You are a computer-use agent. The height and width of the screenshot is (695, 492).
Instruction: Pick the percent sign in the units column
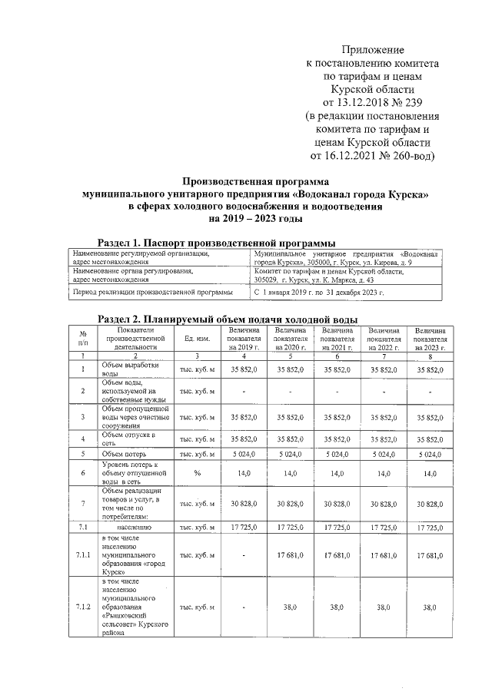(x=197, y=473)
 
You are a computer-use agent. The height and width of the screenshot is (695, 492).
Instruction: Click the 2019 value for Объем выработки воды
(x=244, y=369)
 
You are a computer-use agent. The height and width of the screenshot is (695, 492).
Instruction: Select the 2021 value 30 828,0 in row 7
(x=338, y=503)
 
